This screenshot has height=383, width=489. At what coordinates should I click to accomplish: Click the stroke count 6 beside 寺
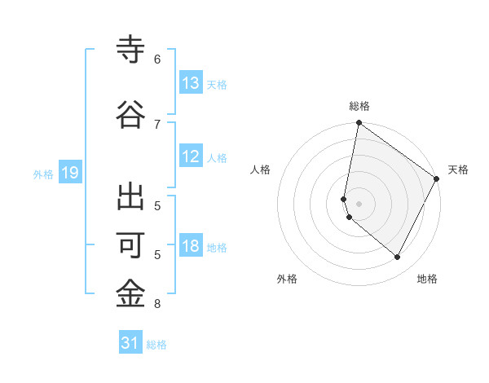pos(157,59)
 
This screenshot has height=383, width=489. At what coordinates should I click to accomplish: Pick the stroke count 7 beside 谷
pos(157,124)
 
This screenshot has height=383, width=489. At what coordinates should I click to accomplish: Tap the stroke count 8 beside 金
pos(157,305)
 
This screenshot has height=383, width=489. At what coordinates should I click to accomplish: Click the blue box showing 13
pos(191,83)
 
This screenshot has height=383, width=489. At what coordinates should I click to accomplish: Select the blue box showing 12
pos(191,156)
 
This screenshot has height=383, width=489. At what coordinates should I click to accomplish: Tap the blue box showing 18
pos(191,246)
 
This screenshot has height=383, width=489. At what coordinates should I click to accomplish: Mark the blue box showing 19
pos(69,173)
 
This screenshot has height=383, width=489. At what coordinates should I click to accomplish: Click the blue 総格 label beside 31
pos(156,345)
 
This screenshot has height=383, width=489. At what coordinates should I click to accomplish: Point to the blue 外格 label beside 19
pos(43,174)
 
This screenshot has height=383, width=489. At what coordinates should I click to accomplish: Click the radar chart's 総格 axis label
pos(359,106)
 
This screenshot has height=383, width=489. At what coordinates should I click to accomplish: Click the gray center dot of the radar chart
pos(359,203)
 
